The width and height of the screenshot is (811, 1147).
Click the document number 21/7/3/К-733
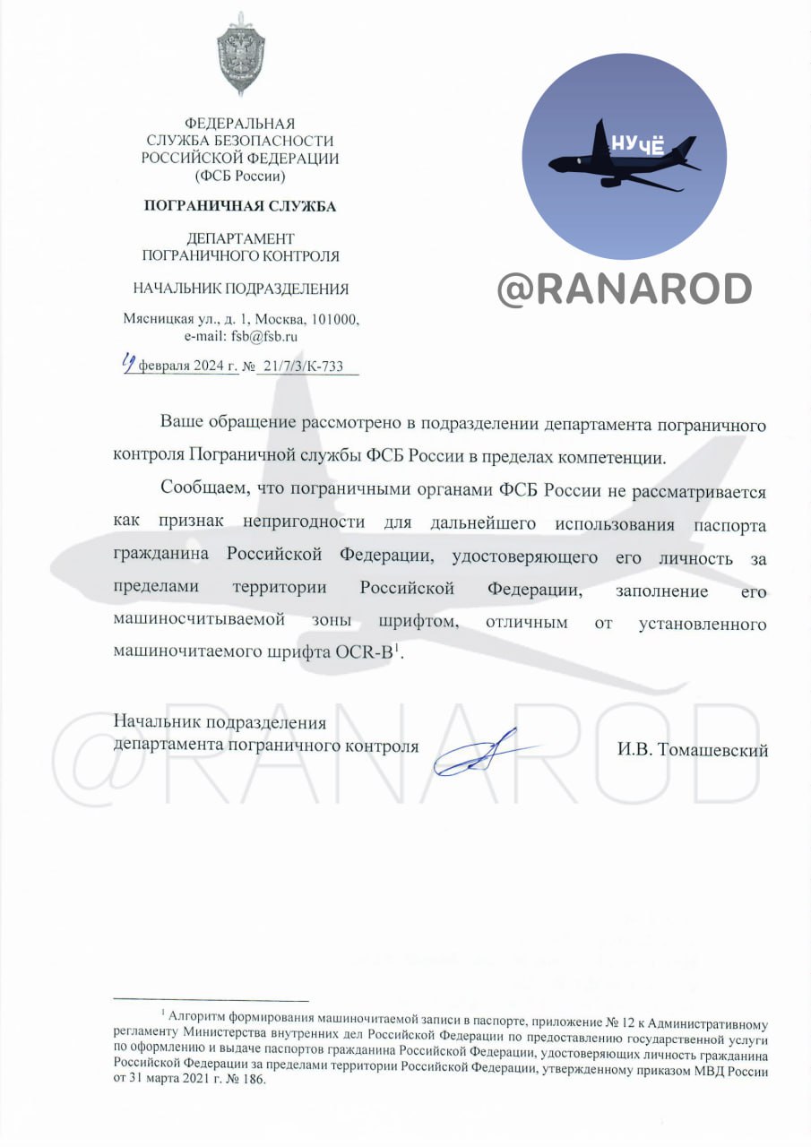[299, 367]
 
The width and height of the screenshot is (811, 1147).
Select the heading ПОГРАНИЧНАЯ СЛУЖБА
[240, 206]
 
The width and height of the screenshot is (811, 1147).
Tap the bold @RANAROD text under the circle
[625, 289]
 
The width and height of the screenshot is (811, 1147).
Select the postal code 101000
[335, 320]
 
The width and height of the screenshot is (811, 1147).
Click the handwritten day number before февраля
[131, 364]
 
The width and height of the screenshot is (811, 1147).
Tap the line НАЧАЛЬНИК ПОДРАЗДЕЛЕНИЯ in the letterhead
[240, 289]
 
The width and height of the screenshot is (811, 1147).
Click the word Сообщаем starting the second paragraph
[204, 489]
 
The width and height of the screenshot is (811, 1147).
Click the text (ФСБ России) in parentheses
[240, 176]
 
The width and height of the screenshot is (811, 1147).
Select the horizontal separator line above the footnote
[211, 1000]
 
